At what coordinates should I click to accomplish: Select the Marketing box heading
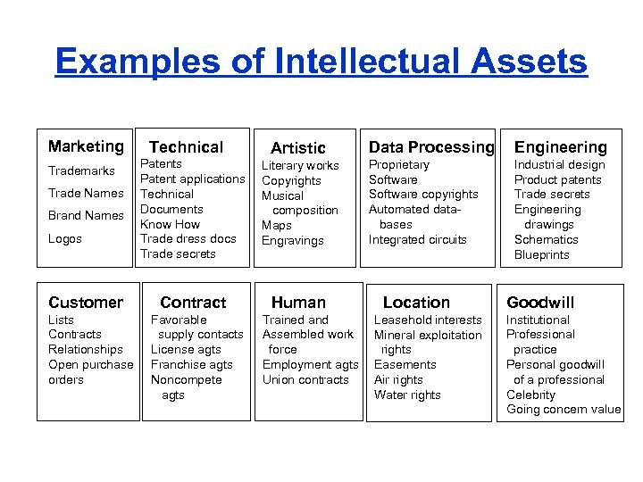coord(86,146)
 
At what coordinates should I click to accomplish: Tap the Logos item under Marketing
coord(65,238)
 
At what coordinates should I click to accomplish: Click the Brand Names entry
coord(86,215)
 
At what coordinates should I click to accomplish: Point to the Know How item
coord(170,224)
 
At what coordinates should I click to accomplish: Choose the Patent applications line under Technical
coord(192,179)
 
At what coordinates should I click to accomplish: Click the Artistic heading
coord(298,148)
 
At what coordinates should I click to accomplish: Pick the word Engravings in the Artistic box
coord(292,241)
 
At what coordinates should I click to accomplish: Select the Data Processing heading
coord(431,147)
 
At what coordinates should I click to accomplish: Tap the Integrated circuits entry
coord(418,239)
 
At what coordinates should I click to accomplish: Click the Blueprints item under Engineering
coord(541,254)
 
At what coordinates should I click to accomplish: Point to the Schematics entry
coord(546,239)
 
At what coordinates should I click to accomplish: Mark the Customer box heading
coord(86,303)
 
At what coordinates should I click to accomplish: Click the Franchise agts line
coord(191,364)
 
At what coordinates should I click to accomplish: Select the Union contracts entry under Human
coord(305,379)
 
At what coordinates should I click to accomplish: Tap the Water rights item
coord(407,395)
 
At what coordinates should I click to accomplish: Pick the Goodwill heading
coord(540,303)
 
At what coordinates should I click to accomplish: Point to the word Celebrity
coord(530,395)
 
